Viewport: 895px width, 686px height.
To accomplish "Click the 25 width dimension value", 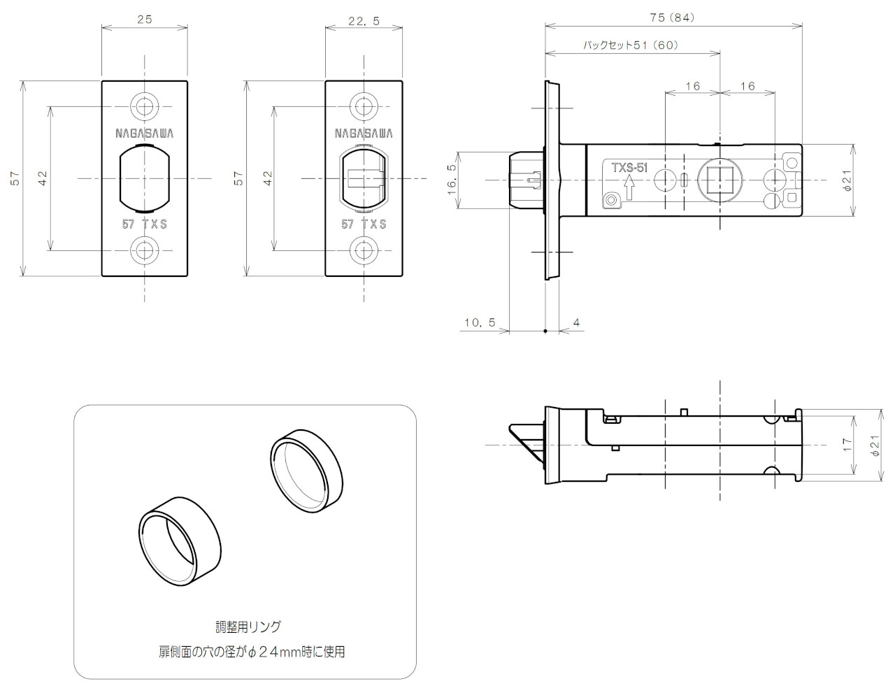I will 145,20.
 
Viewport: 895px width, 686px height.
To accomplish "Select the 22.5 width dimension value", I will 364,21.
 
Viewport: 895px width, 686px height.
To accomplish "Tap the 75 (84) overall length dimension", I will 673,17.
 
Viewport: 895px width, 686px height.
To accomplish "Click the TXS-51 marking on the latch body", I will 629,168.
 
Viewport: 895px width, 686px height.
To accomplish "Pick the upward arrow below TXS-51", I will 629,187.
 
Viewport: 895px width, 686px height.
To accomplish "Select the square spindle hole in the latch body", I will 719,180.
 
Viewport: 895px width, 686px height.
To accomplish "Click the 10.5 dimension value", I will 479,322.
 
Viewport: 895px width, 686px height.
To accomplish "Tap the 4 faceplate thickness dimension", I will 576,322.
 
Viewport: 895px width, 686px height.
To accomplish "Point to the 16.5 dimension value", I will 452,179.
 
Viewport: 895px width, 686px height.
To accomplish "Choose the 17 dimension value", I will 847,444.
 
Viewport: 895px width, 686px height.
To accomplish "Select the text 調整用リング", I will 248,627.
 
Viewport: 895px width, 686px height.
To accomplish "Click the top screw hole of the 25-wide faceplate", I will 145,107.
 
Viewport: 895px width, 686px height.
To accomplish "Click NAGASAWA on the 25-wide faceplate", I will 145,133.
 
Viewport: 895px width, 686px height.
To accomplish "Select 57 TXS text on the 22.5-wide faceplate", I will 364,224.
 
